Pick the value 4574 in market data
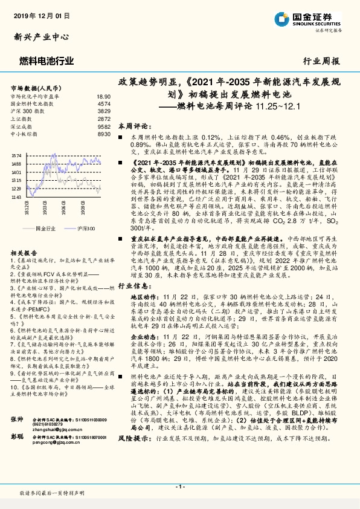104,104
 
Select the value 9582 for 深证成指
104,127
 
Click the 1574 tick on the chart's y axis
16,156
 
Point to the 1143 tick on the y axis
16,196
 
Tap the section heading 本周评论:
132,126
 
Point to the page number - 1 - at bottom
179,487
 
